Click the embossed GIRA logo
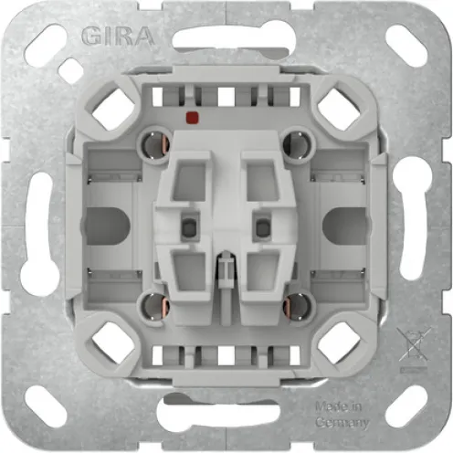(x=118, y=37)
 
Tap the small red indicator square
(x=192, y=117)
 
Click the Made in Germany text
(x=342, y=415)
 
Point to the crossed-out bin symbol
(x=414, y=345)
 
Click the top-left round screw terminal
(x=154, y=144)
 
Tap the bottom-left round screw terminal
(x=154, y=305)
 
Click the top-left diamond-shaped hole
(x=113, y=110)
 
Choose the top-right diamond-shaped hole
(x=339, y=110)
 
